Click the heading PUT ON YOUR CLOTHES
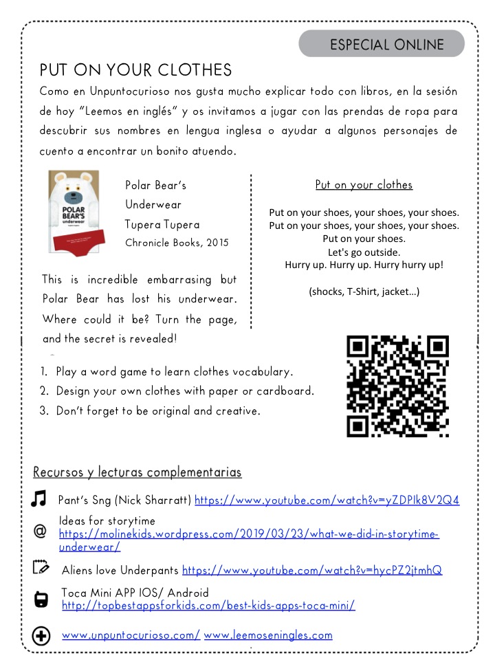(135, 71)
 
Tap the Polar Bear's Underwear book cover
(74, 210)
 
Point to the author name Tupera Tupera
(162, 224)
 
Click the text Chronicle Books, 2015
(177, 243)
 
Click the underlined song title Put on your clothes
(364, 185)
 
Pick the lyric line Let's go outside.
(364, 252)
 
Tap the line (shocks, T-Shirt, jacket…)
(364, 291)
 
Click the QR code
(398, 386)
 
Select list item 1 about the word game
(166, 372)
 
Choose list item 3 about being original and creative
(149, 411)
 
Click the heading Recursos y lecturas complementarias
(137, 472)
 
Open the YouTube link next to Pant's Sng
(327, 500)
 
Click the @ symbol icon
(40, 532)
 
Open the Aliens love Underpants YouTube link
(311, 570)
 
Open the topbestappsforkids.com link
(208, 606)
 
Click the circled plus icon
(41, 637)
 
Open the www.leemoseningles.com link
(268, 635)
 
